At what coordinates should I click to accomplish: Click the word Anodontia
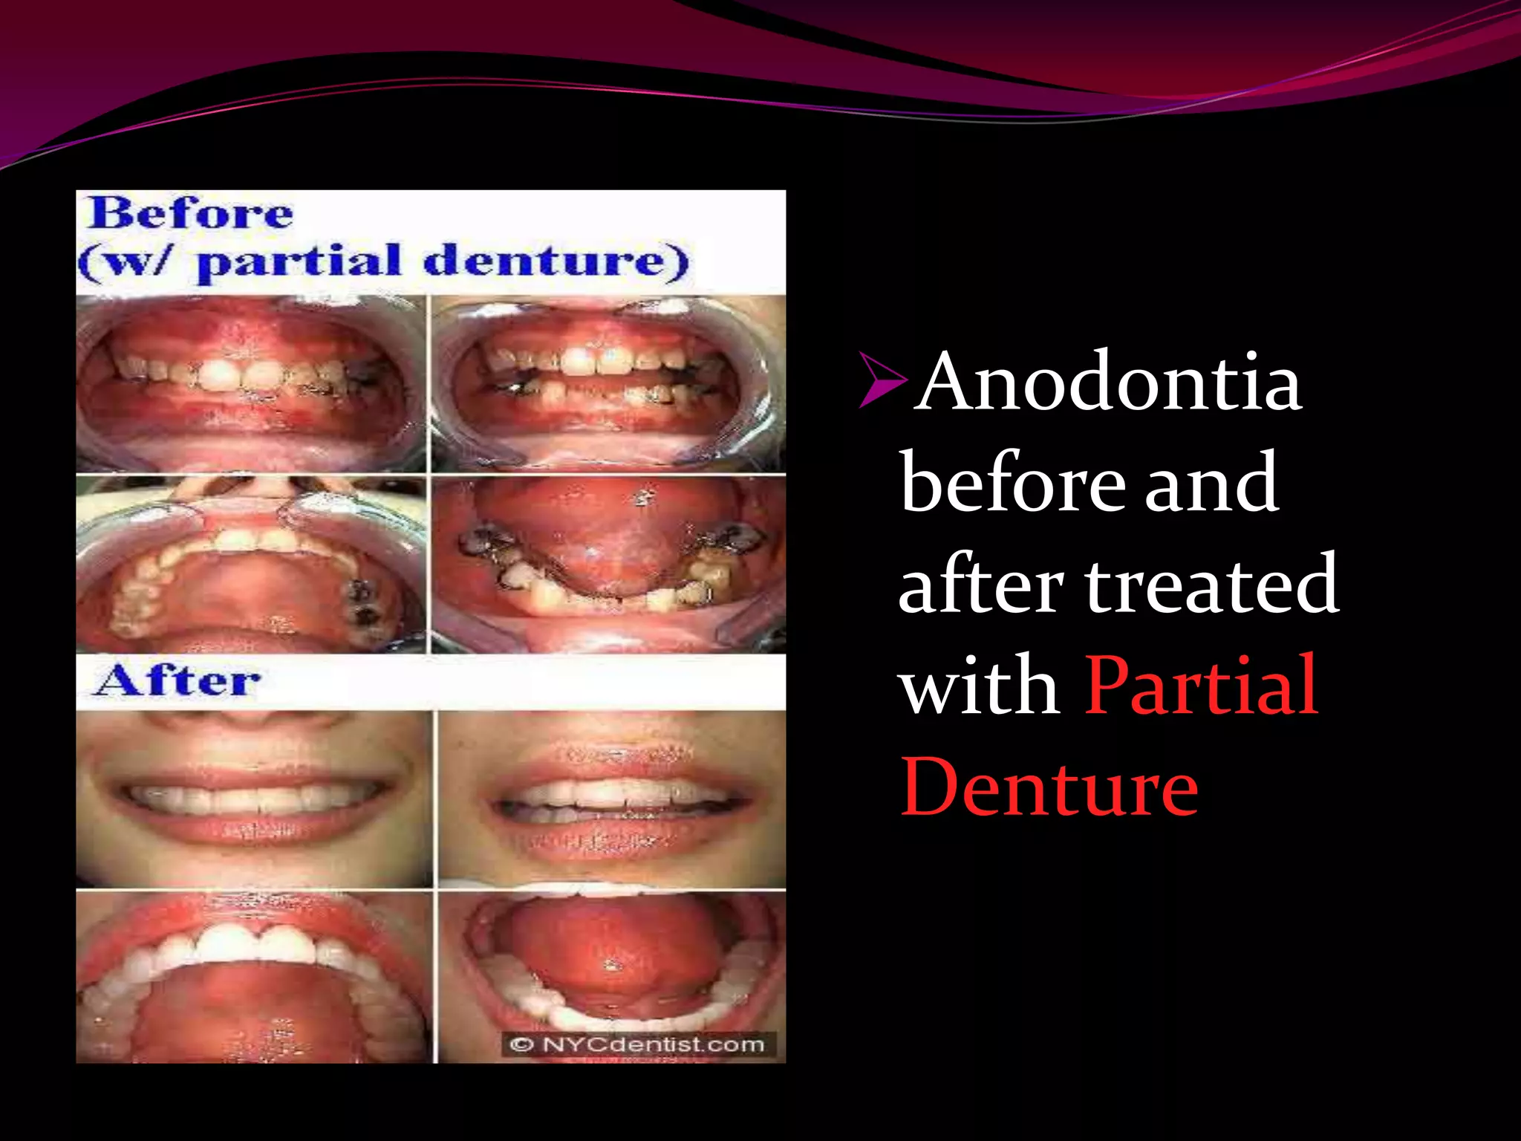tap(1110, 382)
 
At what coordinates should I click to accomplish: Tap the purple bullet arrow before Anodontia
tap(882, 380)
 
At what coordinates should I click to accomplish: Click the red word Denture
tap(1049, 787)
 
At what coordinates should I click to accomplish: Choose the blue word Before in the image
tap(190, 215)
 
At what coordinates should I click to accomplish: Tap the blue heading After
tap(178, 680)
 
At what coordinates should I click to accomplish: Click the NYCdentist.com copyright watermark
tap(638, 1044)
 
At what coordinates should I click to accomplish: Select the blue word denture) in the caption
tap(556, 261)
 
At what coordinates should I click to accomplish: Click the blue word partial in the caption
tap(300, 261)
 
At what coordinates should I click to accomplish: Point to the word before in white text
tap(1014, 484)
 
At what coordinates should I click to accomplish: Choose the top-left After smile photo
tap(253, 799)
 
